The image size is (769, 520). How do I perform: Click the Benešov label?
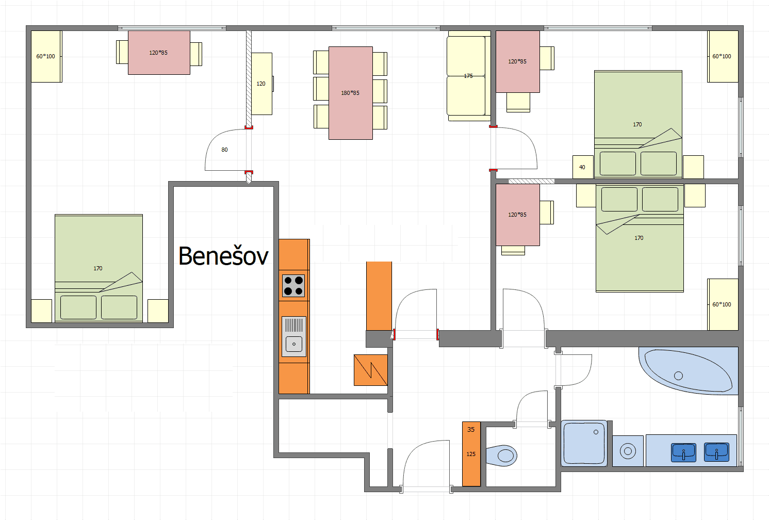tap(223, 256)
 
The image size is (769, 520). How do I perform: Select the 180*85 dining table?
tap(351, 93)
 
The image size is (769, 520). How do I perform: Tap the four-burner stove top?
tap(293, 286)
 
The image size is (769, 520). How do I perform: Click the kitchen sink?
tap(294, 337)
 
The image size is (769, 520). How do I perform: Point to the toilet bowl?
tap(502, 456)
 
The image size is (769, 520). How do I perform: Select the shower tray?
tap(584, 443)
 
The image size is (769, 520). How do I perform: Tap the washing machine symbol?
tap(628, 451)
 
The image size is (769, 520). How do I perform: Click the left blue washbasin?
tap(683, 452)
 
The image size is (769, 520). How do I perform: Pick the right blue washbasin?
tap(716, 452)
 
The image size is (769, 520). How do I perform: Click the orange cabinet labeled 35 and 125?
tap(471, 454)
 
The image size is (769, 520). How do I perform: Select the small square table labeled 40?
tap(583, 167)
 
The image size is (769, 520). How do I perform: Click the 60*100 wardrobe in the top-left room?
tap(46, 56)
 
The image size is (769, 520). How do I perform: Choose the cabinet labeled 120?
tap(262, 84)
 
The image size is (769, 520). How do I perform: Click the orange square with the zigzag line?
tap(370, 370)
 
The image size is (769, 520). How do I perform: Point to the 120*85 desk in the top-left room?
tap(159, 53)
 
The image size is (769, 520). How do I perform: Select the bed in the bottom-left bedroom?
tap(99, 268)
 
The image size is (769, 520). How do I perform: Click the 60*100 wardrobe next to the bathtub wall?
tap(723, 304)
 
